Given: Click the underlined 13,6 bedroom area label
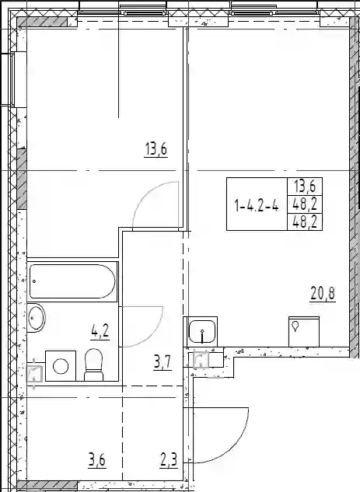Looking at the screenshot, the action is point(156,149).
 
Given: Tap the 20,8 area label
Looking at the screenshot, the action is point(323,294).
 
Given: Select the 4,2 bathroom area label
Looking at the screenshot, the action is point(100,331).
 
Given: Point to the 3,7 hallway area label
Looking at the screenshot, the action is point(163,363).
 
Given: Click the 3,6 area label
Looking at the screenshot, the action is point(97,461).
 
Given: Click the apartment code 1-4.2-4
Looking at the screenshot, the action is point(257,206).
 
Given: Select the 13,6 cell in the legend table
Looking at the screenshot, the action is point(304,187).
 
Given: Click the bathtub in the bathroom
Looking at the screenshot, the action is point(72,281).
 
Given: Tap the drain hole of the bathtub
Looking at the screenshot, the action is point(34,281).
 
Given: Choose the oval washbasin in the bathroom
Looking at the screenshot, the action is point(37,318).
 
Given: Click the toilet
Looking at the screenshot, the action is point(94,365).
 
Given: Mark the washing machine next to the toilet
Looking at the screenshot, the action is point(61,366).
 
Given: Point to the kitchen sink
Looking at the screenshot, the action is point(202,331).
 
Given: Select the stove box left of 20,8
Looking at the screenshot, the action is point(304,332).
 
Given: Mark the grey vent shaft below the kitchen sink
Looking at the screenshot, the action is point(201,360).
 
